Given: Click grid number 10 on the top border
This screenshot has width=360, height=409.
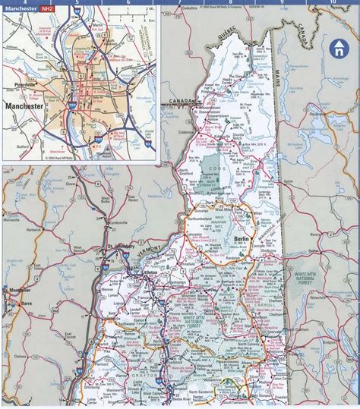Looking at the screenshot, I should [x=332, y=4].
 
